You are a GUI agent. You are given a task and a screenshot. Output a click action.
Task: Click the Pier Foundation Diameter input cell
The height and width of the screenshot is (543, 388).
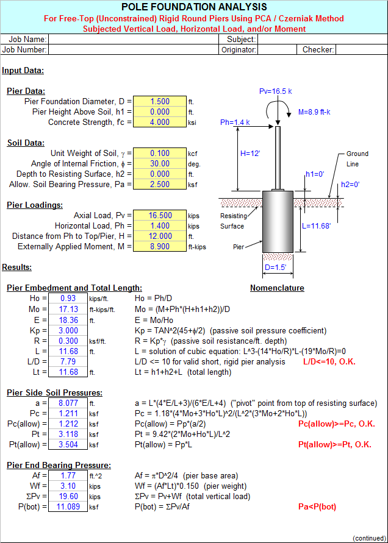coord(159,102)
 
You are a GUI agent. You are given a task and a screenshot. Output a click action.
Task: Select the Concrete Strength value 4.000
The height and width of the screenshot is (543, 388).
coord(159,122)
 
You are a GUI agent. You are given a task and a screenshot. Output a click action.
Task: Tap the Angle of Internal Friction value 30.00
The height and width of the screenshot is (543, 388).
coord(159,164)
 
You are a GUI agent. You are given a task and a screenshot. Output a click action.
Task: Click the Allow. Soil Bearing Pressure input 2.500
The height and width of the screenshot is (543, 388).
coord(159,185)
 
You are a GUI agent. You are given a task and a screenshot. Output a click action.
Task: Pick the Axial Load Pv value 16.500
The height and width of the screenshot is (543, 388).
coord(159,216)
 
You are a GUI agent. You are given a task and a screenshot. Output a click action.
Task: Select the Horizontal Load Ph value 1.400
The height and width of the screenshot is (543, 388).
coord(159,226)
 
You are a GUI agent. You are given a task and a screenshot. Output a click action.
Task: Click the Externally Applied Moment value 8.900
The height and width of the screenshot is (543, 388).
coord(159,247)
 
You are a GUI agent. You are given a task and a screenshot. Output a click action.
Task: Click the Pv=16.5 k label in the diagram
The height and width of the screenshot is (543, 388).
coord(275,91)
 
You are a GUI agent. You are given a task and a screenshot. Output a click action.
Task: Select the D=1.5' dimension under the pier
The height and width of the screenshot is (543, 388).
coord(275,268)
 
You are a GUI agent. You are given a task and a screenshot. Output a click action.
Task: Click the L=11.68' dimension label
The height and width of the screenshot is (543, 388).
coord(316,226)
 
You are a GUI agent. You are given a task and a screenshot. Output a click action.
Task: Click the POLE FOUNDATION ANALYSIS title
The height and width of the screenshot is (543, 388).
coord(193,7)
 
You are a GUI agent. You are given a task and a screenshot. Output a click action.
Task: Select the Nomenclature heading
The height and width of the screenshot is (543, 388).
coord(277,288)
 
